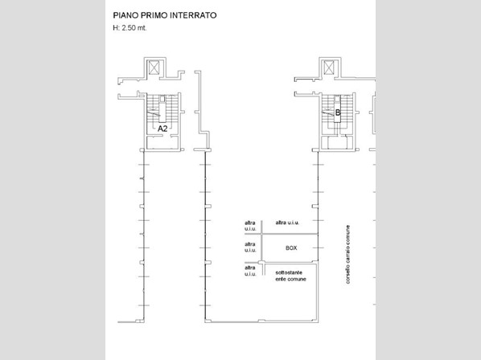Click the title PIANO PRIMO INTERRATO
click(x=165, y=15)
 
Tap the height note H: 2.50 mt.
click(x=129, y=28)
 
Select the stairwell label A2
click(x=162, y=129)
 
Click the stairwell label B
click(x=338, y=112)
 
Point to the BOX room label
click(x=291, y=247)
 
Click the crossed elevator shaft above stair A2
click(x=154, y=67)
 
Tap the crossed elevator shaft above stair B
click(x=329, y=67)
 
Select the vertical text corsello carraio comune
click(x=347, y=254)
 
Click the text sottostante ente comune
click(x=290, y=276)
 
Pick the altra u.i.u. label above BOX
click(x=287, y=223)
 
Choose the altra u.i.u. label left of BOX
click(x=250, y=247)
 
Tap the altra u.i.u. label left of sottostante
click(x=250, y=271)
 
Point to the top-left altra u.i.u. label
click(x=250, y=226)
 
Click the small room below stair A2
click(x=162, y=142)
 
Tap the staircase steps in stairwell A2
click(x=162, y=108)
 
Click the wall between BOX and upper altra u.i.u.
click(x=290, y=234)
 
